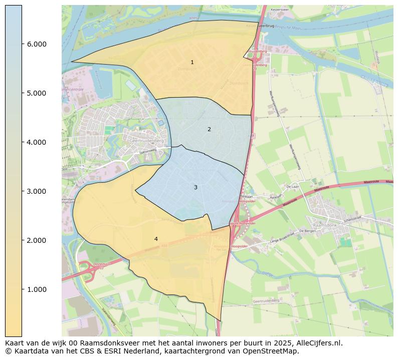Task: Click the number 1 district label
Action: [x=192, y=63]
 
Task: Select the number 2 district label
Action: [x=209, y=130]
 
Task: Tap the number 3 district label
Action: [x=195, y=187]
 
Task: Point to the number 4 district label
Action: [x=156, y=239]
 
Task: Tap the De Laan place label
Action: [x=292, y=186]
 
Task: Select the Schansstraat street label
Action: [x=353, y=220]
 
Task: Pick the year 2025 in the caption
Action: [x=285, y=343]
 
